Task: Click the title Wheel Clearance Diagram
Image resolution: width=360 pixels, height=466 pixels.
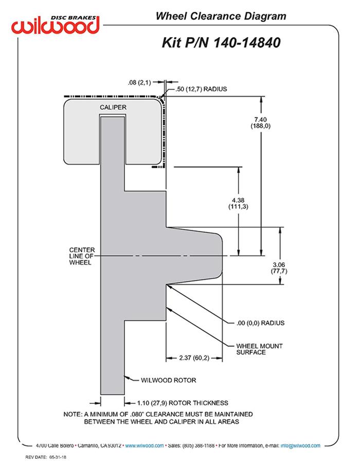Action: pos(221,16)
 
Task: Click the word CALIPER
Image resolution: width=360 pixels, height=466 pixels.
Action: pos(113,106)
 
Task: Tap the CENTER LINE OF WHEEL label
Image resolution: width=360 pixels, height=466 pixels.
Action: pos(82,256)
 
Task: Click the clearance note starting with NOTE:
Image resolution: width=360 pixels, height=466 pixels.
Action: pos(158,418)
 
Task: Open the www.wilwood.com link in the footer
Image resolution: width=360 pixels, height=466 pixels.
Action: pos(145,445)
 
